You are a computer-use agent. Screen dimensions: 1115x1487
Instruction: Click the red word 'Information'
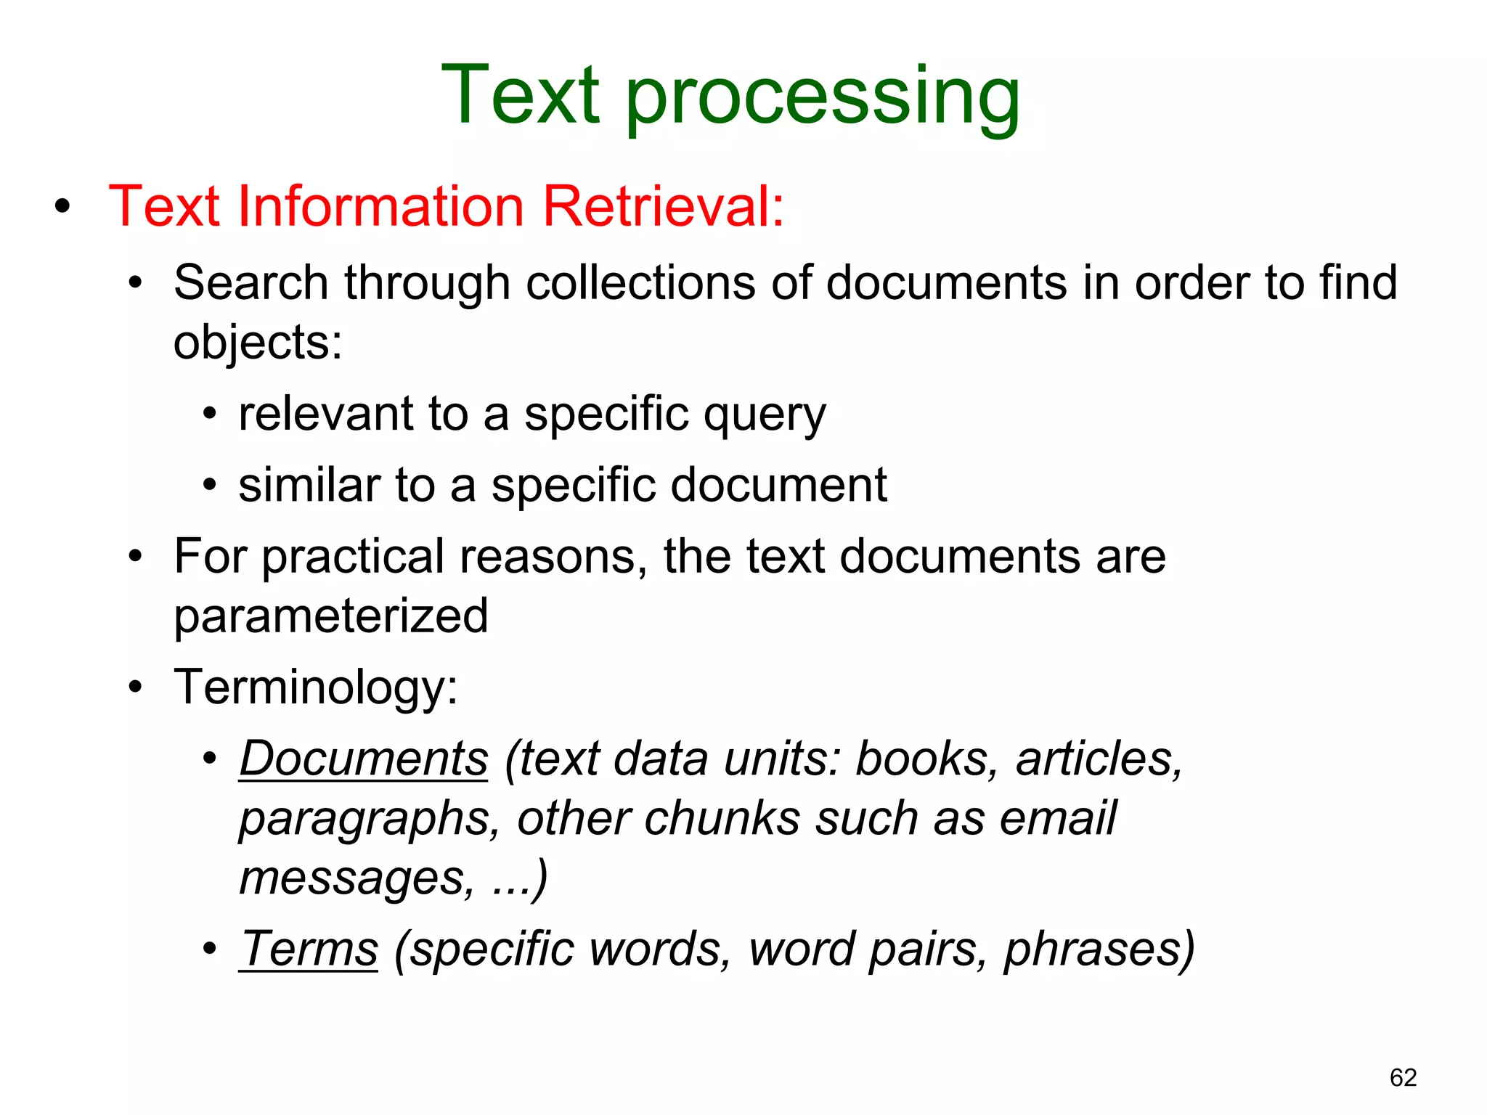(380, 206)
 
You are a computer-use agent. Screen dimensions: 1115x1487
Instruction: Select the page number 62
(1403, 1077)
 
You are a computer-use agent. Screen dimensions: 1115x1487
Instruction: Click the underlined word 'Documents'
(364, 759)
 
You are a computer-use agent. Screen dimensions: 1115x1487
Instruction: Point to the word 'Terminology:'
(316, 687)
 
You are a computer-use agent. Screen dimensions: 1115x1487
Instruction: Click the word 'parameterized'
(331, 616)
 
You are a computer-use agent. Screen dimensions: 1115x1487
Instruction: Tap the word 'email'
(1058, 818)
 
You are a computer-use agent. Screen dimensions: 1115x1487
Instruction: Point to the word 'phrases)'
(1099, 949)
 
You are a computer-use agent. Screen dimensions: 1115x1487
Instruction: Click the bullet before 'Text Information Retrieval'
(62, 207)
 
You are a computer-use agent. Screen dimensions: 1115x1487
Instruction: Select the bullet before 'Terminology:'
(135, 687)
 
